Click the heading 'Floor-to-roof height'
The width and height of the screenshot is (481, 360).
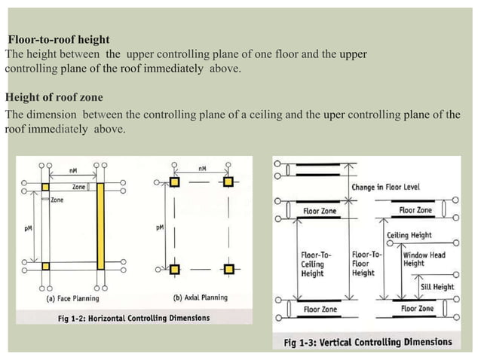click(59, 39)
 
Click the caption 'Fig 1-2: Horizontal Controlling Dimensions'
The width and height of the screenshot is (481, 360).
click(134, 318)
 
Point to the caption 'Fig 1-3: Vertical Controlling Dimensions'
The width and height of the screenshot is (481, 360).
click(367, 342)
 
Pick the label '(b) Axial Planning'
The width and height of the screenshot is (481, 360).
click(201, 297)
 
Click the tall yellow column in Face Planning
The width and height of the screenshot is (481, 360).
click(100, 226)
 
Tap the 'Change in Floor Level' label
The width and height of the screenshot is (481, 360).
click(385, 187)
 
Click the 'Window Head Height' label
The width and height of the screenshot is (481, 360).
click(424, 259)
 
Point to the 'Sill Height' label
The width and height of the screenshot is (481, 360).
click(437, 287)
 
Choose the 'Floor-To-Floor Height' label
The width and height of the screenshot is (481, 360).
click(367, 264)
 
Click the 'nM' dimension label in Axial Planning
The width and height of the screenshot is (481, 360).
click(201, 169)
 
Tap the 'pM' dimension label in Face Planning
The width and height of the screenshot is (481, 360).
click(28, 227)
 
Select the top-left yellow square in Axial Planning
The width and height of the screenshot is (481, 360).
click(175, 183)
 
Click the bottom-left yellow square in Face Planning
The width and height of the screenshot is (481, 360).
click(45, 266)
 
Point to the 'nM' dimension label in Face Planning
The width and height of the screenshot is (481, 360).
click(73, 171)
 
